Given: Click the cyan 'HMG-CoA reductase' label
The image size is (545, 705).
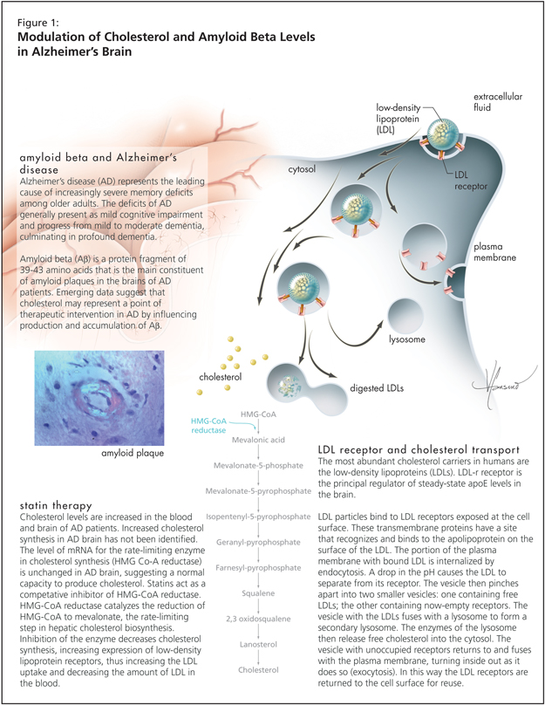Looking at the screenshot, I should click(213, 424).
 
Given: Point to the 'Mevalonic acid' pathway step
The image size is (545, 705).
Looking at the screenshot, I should click(260, 441).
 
